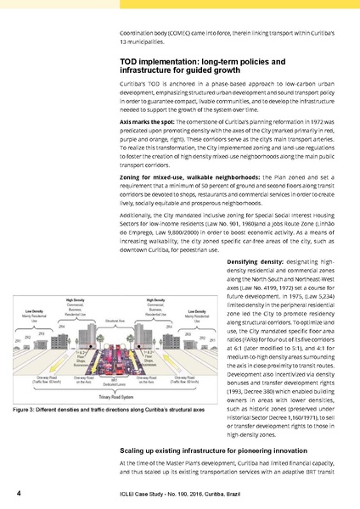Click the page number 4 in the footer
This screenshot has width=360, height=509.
click(x=8, y=492)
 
